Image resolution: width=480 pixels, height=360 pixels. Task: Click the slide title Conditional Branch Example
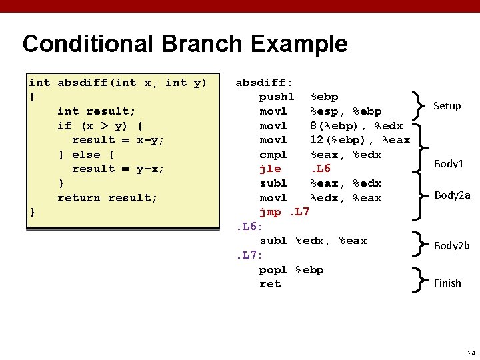click(185, 44)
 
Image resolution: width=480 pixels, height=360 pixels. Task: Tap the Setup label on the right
click(447, 105)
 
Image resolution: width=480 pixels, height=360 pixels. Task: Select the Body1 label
click(448, 163)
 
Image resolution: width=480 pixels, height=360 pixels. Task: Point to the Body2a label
click(452, 195)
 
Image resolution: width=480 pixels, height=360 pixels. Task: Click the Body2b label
click(451, 245)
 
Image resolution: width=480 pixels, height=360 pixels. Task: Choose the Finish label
click(447, 283)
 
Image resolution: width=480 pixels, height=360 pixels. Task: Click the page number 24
click(471, 353)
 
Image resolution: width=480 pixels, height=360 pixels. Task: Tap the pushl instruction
click(276, 97)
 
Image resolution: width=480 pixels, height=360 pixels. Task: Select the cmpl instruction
click(273, 155)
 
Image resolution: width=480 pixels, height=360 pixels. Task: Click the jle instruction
click(270, 169)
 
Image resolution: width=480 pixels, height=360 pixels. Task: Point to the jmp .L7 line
click(284, 212)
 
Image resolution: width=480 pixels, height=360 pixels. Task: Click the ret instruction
click(270, 284)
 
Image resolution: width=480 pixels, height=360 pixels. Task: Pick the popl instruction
click(273, 270)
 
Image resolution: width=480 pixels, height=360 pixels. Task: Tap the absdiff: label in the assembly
click(264, 83)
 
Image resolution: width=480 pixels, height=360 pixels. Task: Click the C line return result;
click(107, 198)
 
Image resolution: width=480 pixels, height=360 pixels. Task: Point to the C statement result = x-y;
click(118, 140)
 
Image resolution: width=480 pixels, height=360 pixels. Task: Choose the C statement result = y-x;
click(118, 169)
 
